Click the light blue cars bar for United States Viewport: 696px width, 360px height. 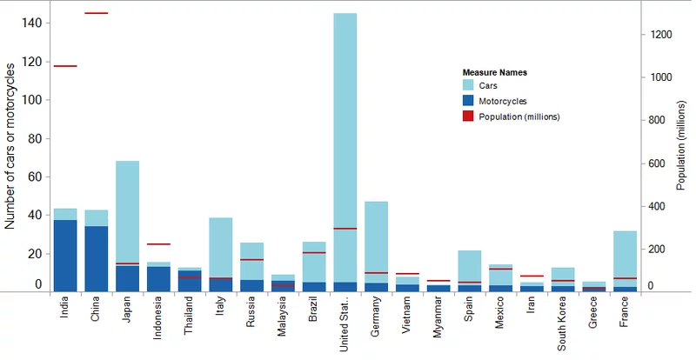click(x=345, y=139)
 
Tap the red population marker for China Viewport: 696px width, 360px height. click(x=96, y=13)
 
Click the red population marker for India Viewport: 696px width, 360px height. click(x=65, y=66)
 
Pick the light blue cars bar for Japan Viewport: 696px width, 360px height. click(x=128, y=209)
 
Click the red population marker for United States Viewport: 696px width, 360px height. click(x=345, y=229)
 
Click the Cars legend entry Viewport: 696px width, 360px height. click(x=488, y=85)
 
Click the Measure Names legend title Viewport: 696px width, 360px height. click(x=494, y=71)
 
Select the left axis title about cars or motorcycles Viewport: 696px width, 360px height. click(x=10, y=143)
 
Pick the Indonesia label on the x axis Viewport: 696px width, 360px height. click(x=158, y=321)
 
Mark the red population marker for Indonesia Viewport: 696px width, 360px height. click(x=158, y=244)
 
